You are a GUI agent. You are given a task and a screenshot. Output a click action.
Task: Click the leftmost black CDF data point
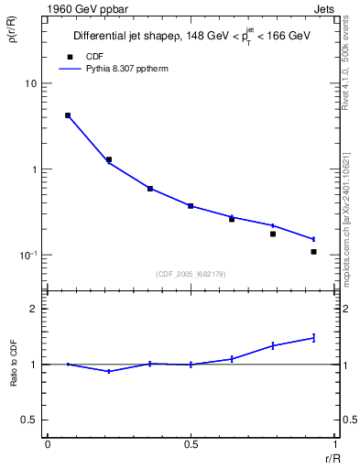pyautogui.click(x=68, y=115)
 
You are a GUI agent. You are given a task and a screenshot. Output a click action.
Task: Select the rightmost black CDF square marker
pyautogui.click(x=313, y=252)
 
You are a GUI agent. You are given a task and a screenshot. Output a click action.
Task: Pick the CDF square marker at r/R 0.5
pyautogui.click(x=191, y=206)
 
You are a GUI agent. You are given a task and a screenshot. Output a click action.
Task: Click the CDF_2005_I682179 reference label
pyautogui.click(x=191, y=272)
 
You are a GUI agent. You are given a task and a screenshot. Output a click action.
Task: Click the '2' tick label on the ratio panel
pyautogui.click(x=34, y=310)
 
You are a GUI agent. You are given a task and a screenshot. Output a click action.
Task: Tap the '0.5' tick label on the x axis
pyautogui.click(x=191, y=444)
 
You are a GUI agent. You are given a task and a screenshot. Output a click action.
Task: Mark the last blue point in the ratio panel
pyautogui.click(x=313, y=338)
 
